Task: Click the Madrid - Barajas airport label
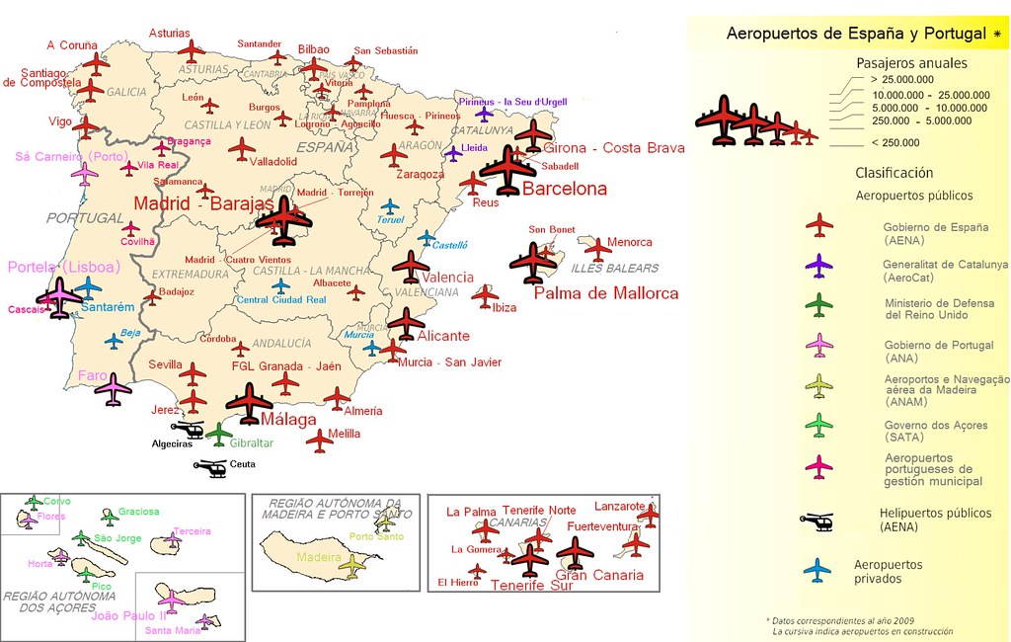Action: [203, 203]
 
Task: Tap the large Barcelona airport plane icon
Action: [508, 170]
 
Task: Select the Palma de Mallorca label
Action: [606, 293]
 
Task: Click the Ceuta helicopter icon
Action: [211, 466]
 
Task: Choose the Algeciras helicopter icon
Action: [188, 430]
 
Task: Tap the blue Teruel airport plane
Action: [391, 207]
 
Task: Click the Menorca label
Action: [629, 242]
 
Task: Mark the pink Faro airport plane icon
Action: [114, 388]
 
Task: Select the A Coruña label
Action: [72, 44]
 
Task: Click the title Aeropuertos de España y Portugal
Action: [856, 34]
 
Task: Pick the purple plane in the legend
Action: [818, 266]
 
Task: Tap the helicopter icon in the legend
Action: [817, 521]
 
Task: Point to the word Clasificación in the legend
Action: [894, 173]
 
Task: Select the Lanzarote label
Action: [620, 506]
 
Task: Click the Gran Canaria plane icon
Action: [575, 552]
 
